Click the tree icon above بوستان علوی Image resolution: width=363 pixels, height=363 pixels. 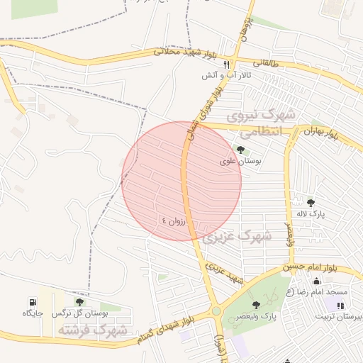(x=240, y=150)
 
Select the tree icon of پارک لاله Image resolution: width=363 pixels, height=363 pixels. (x=311, y=203)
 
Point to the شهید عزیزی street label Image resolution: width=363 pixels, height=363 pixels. (x=225, y=273)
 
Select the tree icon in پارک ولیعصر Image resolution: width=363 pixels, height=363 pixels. (x=256, y=305)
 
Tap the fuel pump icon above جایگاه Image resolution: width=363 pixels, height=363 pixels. (x=33, y=302)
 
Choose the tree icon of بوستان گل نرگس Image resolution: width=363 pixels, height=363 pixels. (x=79, y=302)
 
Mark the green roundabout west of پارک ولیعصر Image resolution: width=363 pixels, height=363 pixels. (x=216, y=311)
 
